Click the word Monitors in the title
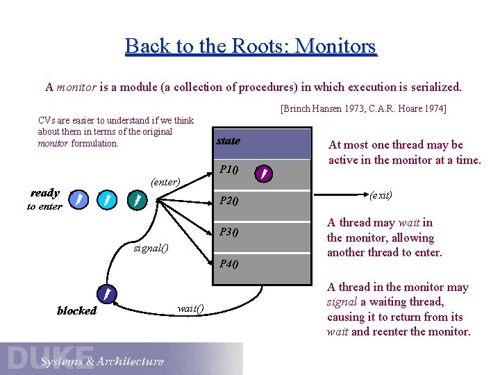point(335,47)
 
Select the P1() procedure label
point(229,169)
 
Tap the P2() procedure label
point(229,201)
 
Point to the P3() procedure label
point(229,232)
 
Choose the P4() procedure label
point(229,263)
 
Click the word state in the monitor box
point(228,141)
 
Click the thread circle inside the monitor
point(263,173)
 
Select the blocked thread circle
point(104,294)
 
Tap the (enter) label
point(166,182)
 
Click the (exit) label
point(381,195)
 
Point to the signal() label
point(150,248)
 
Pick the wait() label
point(190,308)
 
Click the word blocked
point(76,310)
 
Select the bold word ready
point(45,192)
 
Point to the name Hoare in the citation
point(408,109)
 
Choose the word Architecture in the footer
point(131,361)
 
